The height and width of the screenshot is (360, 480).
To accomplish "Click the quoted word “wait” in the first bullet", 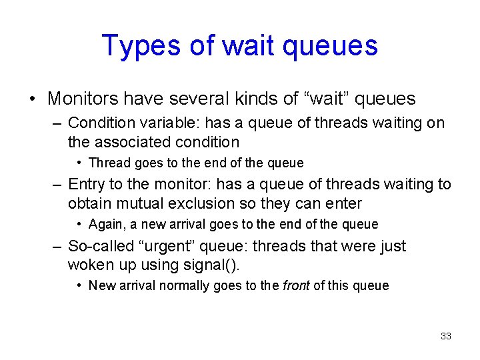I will tap(325, 99).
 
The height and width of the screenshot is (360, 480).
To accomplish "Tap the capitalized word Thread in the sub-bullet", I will tap(108, 163).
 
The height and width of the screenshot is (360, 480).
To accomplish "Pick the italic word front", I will tap(296, 285).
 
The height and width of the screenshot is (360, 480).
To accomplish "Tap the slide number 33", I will tap(446, 336).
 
